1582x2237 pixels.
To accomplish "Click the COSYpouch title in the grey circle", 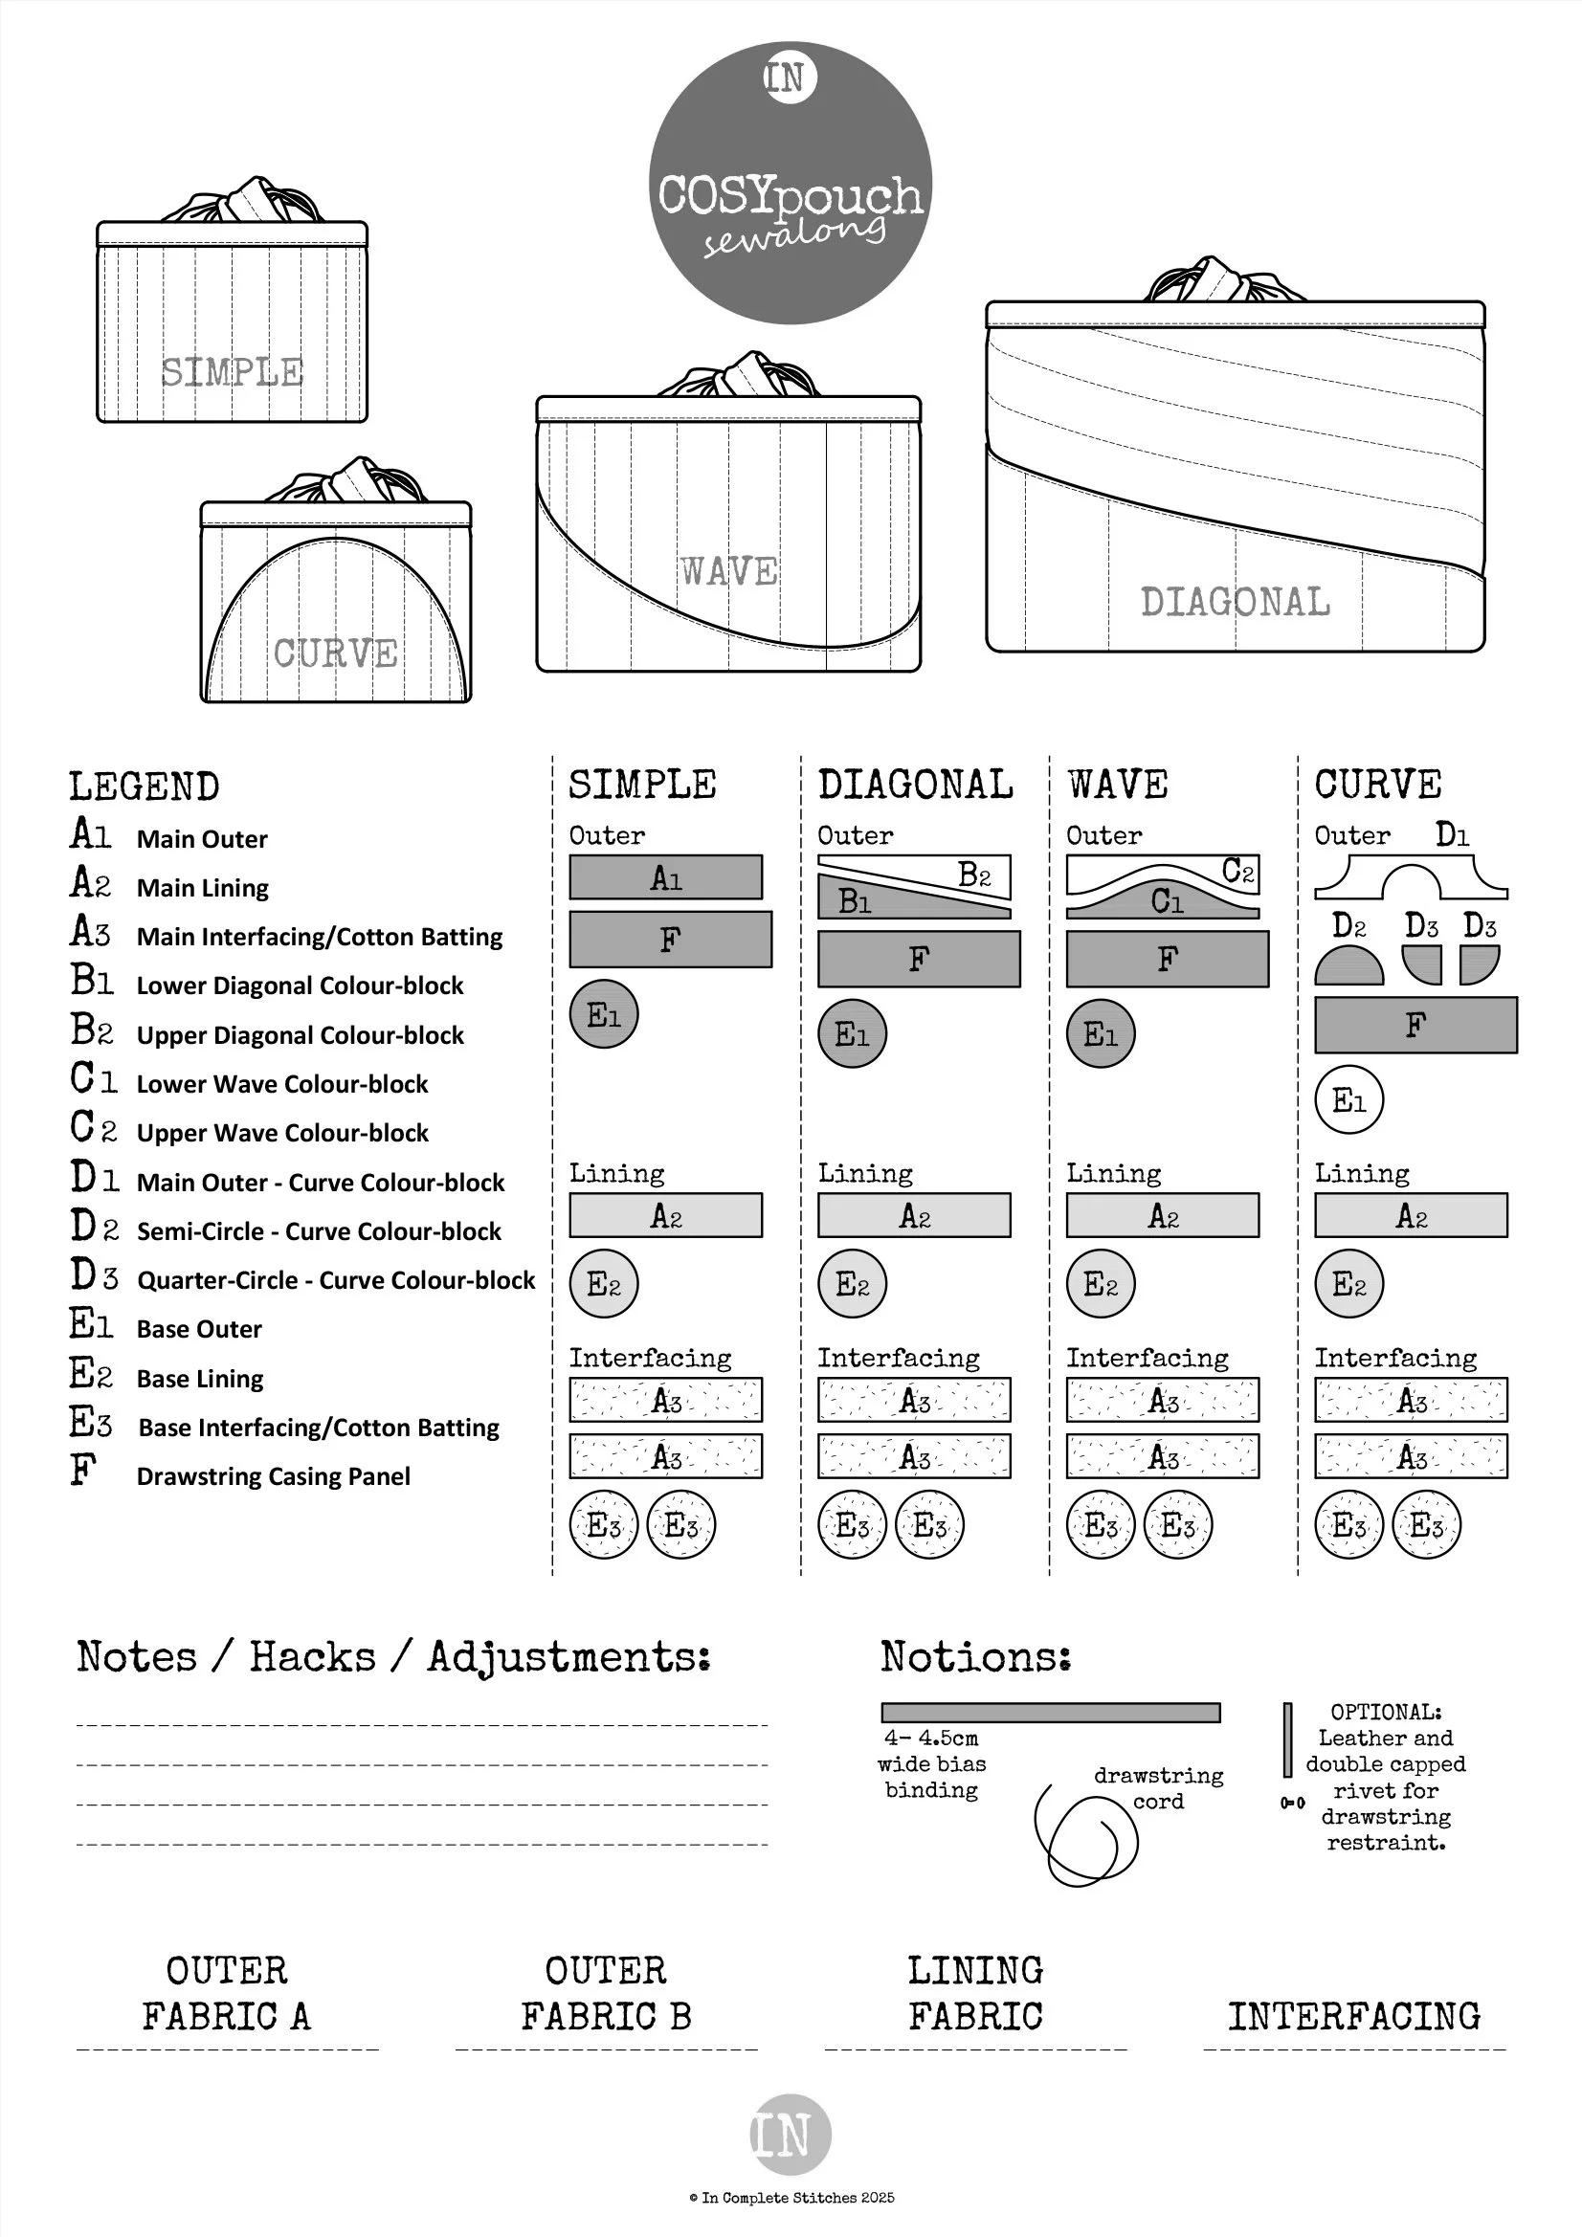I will (790, 197).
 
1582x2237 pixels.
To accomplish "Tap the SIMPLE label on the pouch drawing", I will (232, 372).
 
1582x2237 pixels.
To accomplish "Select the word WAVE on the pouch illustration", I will (729, 571).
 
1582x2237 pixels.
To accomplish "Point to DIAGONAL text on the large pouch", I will (1235, 602).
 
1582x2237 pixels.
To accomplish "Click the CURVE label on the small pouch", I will (335, 653).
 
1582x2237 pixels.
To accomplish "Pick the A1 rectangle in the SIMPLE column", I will (666, 876).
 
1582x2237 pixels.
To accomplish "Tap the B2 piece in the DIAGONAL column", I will (974, 874).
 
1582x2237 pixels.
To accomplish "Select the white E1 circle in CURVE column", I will (1349, 1100).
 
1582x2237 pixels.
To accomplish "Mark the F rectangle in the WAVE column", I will (1167, 959).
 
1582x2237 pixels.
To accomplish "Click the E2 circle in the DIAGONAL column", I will (852, 1283).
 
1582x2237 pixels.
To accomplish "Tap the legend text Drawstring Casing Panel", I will (273, 1476).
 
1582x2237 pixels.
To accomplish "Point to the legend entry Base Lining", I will (200, 1379).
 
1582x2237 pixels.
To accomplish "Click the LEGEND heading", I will (145, 786).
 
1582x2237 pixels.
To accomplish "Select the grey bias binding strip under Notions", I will (1050, 1712).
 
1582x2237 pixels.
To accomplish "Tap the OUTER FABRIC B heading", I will (605, 1992).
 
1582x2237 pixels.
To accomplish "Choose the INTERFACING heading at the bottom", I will (1353, 2015).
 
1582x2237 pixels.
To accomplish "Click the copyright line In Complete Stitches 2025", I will (791, 2197).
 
